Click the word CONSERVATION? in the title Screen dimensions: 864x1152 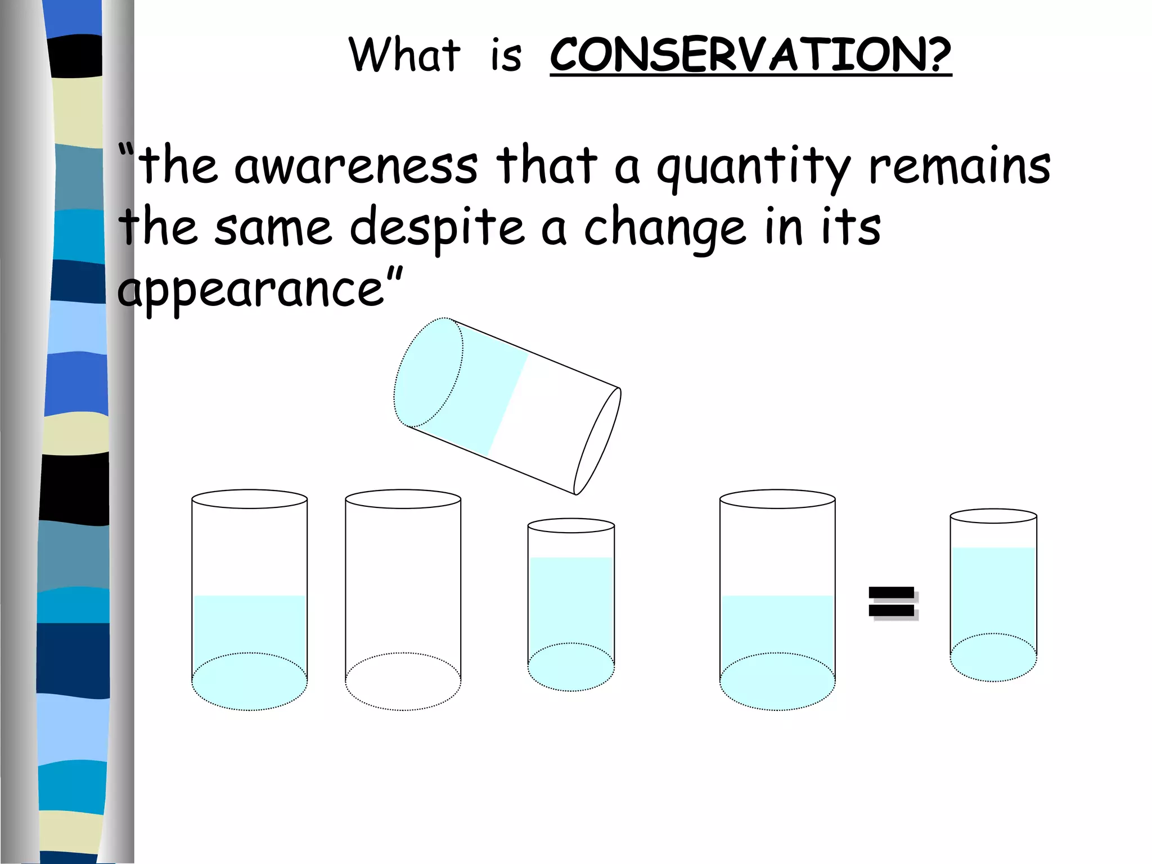pos(750,55)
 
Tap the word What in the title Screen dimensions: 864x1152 pos(404,55)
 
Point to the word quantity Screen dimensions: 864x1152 pos(753,168)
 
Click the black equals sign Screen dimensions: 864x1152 pos(892,602)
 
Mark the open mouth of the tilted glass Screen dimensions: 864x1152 pos(597,442)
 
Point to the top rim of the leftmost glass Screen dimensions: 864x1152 pos(249,499)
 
